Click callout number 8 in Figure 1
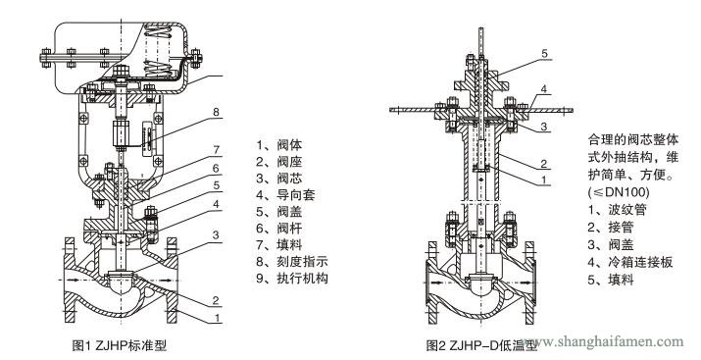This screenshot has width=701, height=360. (217, 112)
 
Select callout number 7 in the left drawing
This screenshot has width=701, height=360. (217, 150)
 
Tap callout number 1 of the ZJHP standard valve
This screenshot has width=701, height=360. (218, 318)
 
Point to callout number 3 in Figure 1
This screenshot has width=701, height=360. (216, 234)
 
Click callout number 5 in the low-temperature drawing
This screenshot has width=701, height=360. (544, 53)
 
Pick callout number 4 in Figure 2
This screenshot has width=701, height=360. (543, 89)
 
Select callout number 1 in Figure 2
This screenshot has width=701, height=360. (543, 180)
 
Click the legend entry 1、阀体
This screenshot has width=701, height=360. (279, 145)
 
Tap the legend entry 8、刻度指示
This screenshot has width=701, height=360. (292, 262)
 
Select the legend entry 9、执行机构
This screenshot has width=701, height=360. (292, 279)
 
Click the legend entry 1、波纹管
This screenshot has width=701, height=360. (618, 209)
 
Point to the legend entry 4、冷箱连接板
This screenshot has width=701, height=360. (630, 262)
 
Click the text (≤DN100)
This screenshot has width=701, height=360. (619, 192)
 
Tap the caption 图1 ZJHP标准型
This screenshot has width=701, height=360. (120, 345)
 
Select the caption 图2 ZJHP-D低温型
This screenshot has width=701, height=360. (481, 345)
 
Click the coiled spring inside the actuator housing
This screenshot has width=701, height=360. (159, 50)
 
